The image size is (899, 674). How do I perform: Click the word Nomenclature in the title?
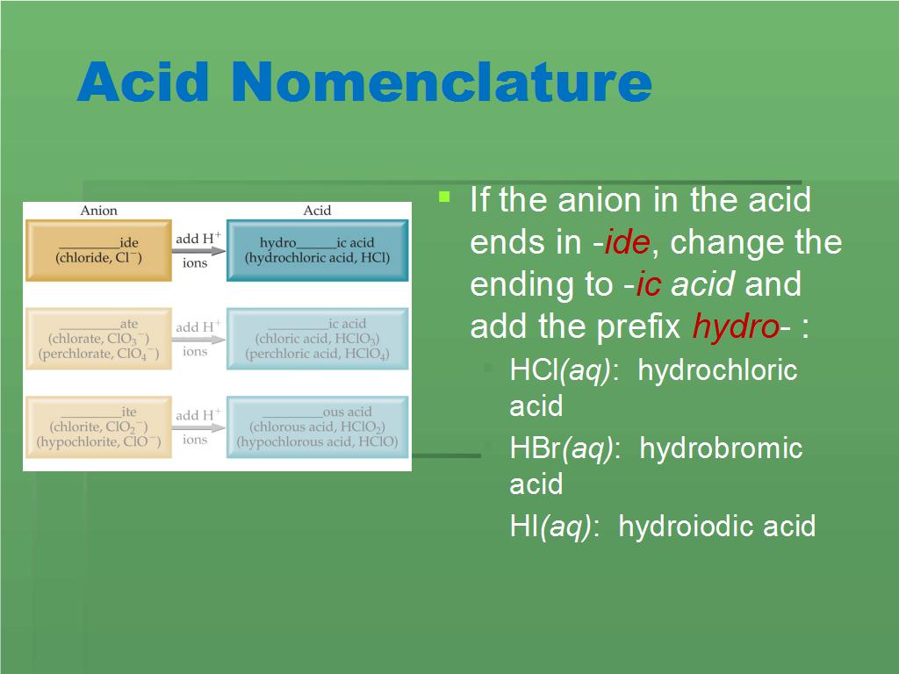[442, 82]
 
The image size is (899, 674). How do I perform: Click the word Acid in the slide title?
[143, 81]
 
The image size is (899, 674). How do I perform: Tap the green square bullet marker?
[444, 197]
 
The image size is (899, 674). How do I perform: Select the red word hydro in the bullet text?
[736, 326]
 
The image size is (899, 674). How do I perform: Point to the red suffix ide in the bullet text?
[627, 242]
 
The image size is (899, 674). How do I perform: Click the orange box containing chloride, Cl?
[98, 250]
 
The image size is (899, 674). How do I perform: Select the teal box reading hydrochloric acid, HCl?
[318, 250]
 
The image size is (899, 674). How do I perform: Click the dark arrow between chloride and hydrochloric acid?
[199, 251]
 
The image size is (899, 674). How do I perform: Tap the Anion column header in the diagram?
[98, 211]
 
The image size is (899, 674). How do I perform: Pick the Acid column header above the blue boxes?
[317, 211]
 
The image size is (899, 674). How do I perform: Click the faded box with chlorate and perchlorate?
[98, 339]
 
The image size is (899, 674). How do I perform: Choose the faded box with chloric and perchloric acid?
[318, 339]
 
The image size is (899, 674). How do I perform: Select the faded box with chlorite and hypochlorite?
[98, 427]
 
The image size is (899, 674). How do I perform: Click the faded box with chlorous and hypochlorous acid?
[318, 427]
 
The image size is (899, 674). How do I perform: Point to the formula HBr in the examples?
[535, 448]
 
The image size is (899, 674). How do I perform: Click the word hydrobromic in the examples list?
[721, 448]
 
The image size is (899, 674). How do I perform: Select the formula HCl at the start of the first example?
[533, 370]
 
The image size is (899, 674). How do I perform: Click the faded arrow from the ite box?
[199, 427]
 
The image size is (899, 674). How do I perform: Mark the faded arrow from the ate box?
[199, 340]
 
